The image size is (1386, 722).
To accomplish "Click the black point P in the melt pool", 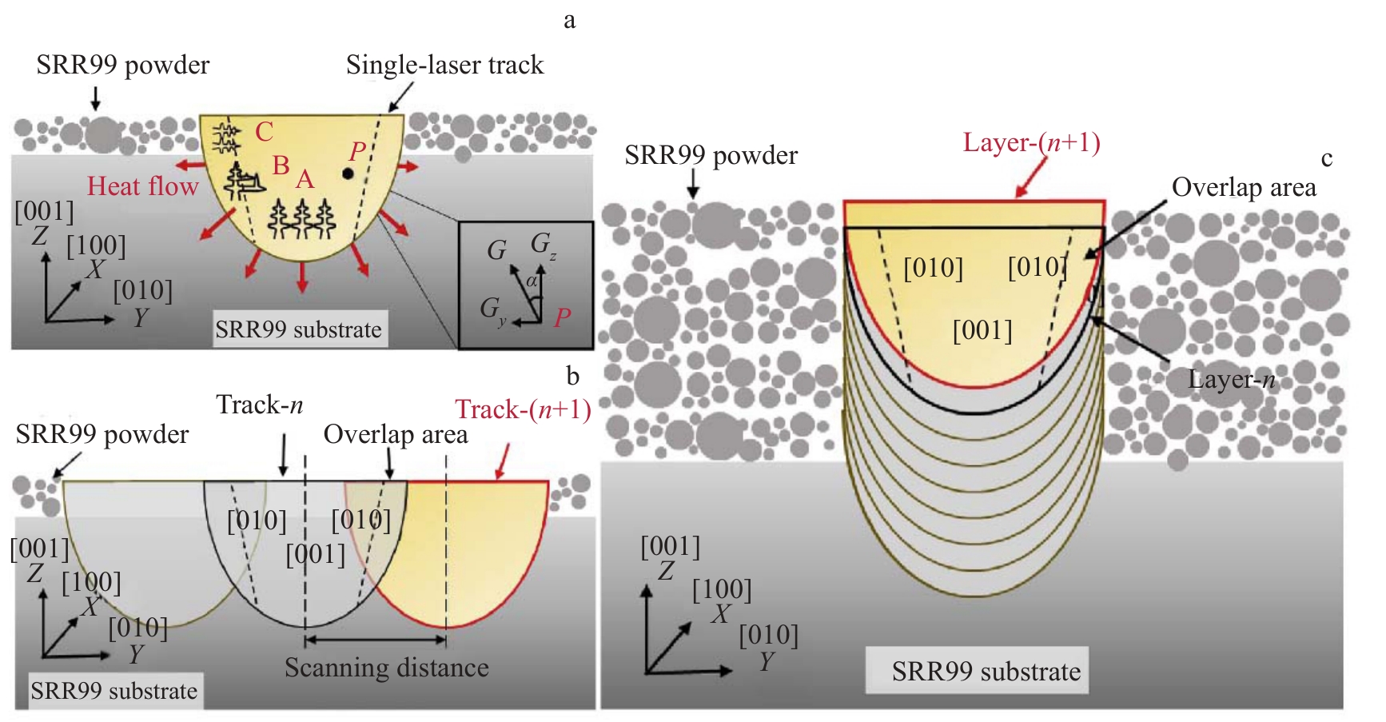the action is tap(348, 174).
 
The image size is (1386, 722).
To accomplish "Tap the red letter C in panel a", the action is tap(265, 131).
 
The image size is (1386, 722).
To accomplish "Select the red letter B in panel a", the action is tap(281, 166).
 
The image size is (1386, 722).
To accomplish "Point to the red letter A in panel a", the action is tap(305, 179).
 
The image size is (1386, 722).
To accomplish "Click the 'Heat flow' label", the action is tap(142, 186).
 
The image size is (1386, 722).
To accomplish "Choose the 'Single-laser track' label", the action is tap(444, 65).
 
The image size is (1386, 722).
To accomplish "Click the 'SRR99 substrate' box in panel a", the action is tap(299, 329).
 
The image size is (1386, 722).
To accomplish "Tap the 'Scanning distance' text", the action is tap(387, 668).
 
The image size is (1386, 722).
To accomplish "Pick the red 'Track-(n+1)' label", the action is tap(524, 409).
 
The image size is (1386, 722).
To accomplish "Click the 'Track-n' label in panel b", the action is tap(260, 405).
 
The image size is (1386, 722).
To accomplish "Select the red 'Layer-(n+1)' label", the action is tap(1031, 142).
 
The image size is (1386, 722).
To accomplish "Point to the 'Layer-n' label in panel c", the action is tap(1231, 379).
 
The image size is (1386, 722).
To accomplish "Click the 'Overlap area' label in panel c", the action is tap(1244, 187).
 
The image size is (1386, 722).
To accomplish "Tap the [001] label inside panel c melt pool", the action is tap(982, 330).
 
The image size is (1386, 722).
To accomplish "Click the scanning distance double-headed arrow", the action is tap(375, 640).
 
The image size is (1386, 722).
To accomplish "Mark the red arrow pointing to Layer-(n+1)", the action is tap(1032, 177).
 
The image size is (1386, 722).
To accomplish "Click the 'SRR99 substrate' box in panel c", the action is tap(977, 670).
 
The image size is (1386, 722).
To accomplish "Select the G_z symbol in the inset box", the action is tap(544, 244).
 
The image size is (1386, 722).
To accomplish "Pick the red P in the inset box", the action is tap(562, 317).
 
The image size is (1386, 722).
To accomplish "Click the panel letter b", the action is tap(572, 376).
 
